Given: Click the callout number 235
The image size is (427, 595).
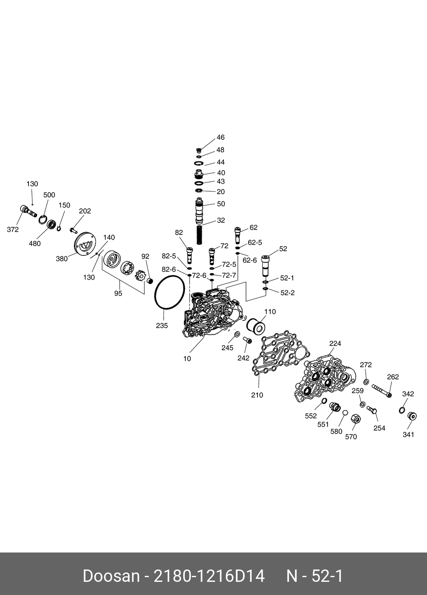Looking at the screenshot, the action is tap(162, 326).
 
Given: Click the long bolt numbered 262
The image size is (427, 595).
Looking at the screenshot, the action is tap(382, 391).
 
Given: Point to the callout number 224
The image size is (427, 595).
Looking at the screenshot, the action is tap(335, 343).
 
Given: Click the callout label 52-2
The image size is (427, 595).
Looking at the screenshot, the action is tap(287, 293).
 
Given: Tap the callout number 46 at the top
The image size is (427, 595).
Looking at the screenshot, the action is tap(221, 138).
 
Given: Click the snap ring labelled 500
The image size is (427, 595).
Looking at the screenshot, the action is tap(42, 220).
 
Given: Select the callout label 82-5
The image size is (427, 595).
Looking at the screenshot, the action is tap(169, 256).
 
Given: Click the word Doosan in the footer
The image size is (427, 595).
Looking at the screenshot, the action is tap(111, 576).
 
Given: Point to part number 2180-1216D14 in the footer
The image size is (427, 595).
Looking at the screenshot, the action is tap(209, 576).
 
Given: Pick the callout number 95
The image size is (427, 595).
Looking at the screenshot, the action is tap(118, 293).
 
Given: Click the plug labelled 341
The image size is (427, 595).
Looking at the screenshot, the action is tap(411, 416).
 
